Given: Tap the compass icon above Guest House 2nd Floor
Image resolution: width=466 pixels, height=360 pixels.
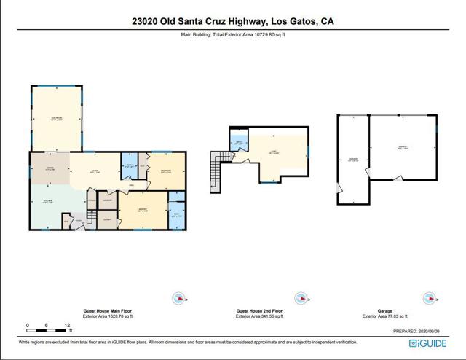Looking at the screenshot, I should pyautogui.click(x=299, y=297).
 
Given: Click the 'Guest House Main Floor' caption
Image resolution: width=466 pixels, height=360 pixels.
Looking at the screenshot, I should pyautogui.click(x=107, y=311).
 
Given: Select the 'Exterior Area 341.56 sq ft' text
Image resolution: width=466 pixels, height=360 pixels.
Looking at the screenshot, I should pyautogui.click(x=261, y=317).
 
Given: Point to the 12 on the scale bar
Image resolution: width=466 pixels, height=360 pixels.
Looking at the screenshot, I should pyautogui.click(x=67, y=325).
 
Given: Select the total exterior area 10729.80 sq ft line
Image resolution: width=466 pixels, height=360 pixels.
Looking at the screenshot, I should pyautogui.click(x=233, y=34).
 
